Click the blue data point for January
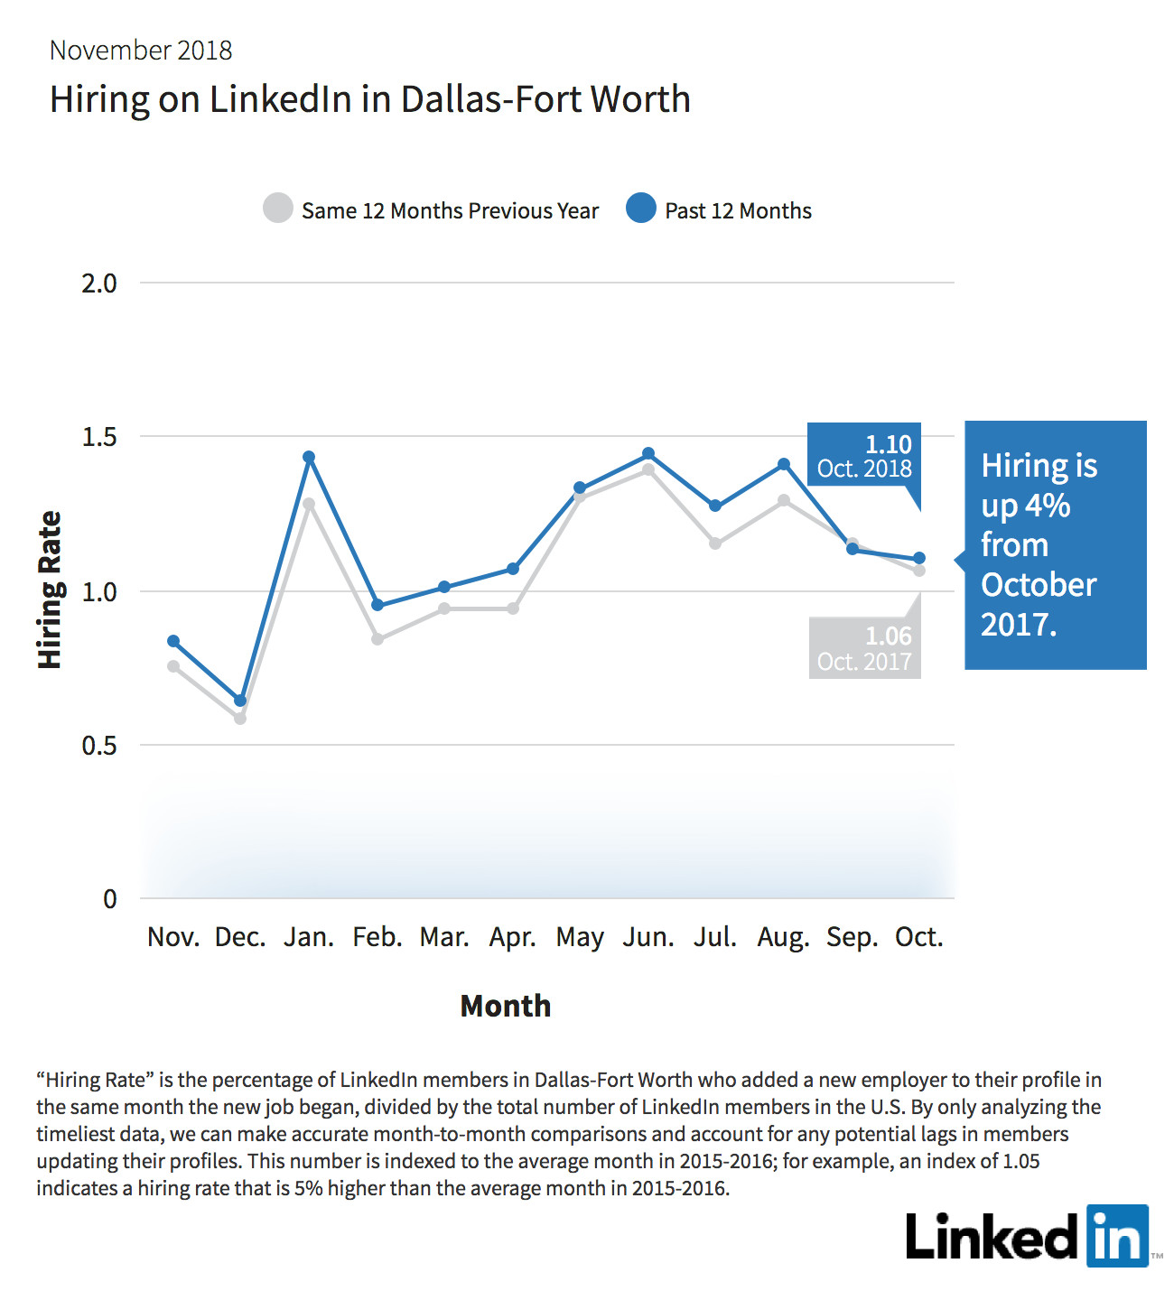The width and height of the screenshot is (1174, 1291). coord(309,457)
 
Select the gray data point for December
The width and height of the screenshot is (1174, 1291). coord(240,719)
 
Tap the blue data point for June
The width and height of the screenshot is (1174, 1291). coord(648,453)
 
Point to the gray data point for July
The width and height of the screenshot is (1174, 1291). coord(715,543)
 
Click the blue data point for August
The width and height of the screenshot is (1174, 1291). coord(784,464)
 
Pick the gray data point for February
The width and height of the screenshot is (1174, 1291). coord(377,639)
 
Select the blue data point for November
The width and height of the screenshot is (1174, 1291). coord(173,641)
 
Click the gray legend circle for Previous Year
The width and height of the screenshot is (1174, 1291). coord(278,208)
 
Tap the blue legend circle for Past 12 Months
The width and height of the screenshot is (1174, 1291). coord(641,208)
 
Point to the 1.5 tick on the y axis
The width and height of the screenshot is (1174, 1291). coord(99,437)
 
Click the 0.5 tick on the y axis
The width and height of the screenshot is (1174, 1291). coord(99,746)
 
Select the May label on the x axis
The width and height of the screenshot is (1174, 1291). coord(580,937)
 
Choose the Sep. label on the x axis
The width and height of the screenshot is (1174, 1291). coord(852,937)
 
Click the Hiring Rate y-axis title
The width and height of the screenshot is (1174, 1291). coord(50,590)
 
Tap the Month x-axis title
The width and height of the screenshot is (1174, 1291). coord(506,1006)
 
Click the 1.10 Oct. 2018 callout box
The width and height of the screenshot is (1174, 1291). coord(863,455)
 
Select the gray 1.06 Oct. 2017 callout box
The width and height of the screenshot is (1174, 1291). coord(864,648)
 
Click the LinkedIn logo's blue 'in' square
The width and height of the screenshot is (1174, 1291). coord(1117,1235)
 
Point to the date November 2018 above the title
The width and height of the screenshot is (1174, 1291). coord(141,51)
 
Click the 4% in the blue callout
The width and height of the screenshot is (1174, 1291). coord(1048,506)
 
